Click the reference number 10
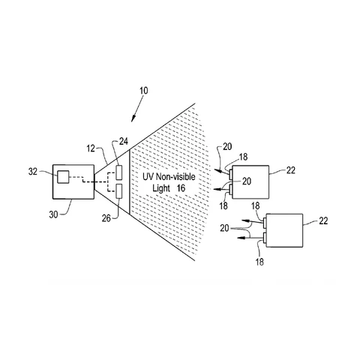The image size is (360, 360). [144, 91]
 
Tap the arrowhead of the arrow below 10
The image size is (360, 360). [133, 118]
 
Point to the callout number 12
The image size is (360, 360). [91, 148]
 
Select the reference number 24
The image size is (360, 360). [123, 142]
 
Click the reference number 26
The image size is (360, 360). [106, 218]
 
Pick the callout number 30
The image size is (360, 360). [53, 214]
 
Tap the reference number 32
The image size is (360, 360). [33, 172]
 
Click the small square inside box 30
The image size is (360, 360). [63, 177]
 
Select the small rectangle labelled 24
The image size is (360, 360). [119, 172]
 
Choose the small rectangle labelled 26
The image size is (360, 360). [119, 191]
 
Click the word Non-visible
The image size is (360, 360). [175, 177]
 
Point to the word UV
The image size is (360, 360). [148, 177]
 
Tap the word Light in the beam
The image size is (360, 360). [161, 188]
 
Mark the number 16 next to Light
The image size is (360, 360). [181, 188]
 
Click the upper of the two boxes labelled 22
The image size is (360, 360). [250, 182]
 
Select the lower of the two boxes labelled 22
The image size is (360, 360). [284, 230]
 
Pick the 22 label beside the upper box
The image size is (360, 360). [291, 170]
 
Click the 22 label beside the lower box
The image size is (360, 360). [323, 220]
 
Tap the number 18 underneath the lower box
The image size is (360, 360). [259, 262]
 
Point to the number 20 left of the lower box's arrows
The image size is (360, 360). [224, 228]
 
